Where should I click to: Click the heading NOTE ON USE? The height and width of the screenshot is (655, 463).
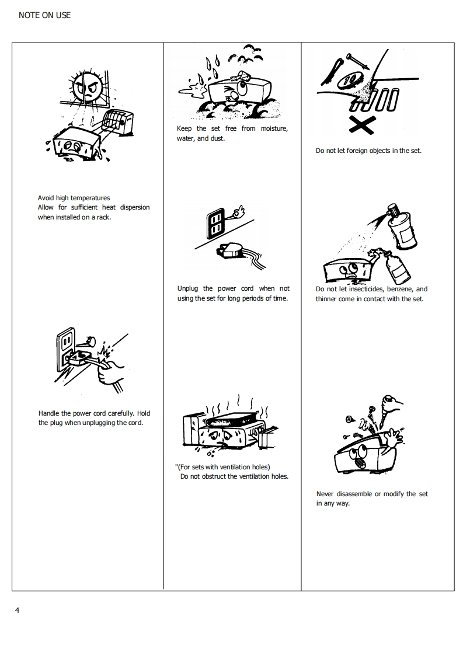(45, 15)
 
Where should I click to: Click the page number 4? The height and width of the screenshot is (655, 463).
(17, 610)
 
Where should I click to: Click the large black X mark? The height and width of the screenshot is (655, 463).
(362, 125)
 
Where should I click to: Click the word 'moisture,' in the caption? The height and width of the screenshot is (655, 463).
(274, 128)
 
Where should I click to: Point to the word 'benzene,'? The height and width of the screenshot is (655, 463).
(400, 289)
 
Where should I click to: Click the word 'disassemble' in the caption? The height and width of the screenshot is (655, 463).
(354, 494)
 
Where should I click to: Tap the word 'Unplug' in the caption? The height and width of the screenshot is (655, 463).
(187, 288)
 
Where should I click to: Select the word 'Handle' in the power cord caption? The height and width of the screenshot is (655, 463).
(49, 413)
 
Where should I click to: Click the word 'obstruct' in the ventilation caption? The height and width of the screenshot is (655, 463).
(214, 476)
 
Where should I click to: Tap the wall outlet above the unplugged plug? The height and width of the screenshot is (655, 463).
(215, 224)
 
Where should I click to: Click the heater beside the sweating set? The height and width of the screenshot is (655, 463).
(118, 122)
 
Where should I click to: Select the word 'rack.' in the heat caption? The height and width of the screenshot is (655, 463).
(103, 217)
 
